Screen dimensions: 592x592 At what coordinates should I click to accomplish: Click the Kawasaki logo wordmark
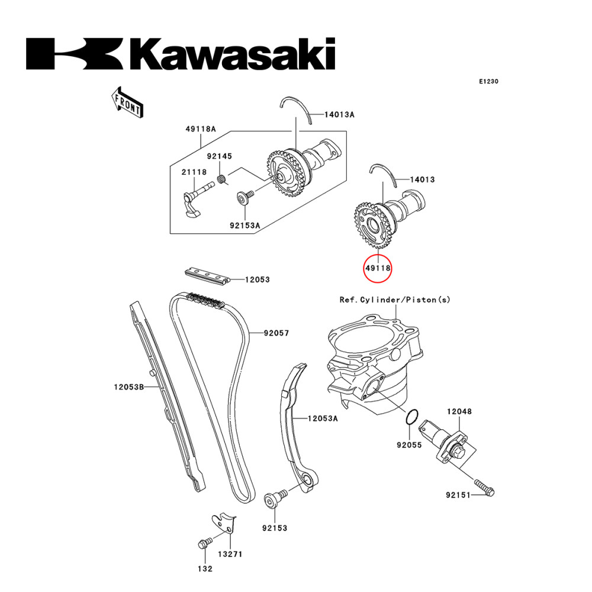click(181, 54)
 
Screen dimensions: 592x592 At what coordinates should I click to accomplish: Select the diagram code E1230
click(488, 81)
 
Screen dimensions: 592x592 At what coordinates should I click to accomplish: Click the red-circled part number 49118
click(378, 268)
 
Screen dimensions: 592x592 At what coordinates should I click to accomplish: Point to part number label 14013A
click(339, 115)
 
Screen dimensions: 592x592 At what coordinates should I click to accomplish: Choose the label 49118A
click(200, 128)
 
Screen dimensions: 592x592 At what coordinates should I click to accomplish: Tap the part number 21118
click(194, 172)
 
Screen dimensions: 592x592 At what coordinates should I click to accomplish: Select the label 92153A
click(245, 225)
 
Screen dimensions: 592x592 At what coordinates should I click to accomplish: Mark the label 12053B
click(129, 388)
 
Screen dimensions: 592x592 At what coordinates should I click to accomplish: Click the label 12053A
click(322, 419)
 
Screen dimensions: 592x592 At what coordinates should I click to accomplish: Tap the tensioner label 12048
click(459, 411)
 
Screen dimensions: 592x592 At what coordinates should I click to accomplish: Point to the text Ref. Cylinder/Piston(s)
click(394, 300)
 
